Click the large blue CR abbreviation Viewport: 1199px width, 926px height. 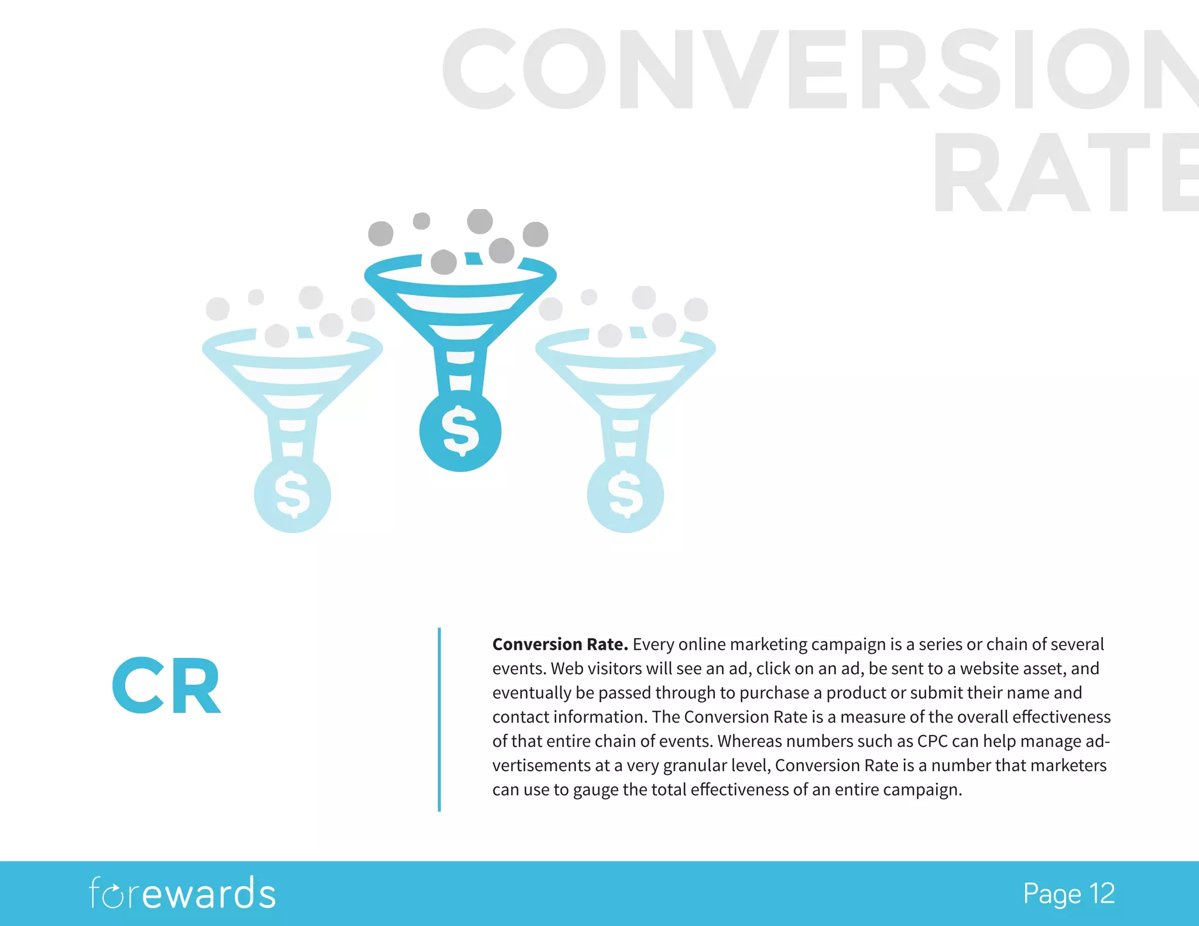(x=167, y=685)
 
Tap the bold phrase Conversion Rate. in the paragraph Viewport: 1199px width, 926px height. (x=560, y=644)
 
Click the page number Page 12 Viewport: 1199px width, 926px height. (x=1068, y=894)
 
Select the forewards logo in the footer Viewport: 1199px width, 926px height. (x=182, y=893)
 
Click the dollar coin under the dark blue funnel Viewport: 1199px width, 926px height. (x=460, y=431)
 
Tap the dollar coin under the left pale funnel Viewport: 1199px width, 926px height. (x=292, y=495)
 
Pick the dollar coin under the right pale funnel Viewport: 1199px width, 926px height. (x=625, y=495)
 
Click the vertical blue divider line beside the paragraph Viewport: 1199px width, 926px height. (x=439, y=719)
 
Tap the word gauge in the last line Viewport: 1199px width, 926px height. (x=595, y=790)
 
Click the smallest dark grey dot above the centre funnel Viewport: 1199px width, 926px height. (x=422, y=221)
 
